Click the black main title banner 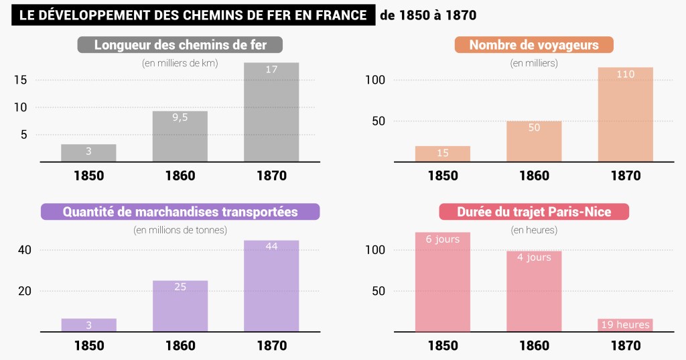tap(192, 15)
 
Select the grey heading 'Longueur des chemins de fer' tap(180, 46)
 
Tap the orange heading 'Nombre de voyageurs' tap(534, 46)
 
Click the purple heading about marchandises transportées tap(180, 212)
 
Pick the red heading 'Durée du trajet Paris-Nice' tap(534, 212)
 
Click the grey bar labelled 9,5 tap(180, 136)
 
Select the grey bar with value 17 tap(271, 112)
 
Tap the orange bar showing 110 tap(625, 115)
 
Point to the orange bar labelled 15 tap(442, 154)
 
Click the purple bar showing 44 tap(271, 286)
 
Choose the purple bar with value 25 tap(180, 306)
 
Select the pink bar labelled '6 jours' tap(442, 282)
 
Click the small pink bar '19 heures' tap(625, 325)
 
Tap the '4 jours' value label tap(534, 257)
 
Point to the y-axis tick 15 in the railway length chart tap(20, 80)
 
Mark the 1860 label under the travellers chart tap(534, 176)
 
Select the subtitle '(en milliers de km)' tap(180, 63)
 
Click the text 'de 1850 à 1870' tap(428, 15)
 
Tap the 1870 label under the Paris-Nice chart tap(625, 346)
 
